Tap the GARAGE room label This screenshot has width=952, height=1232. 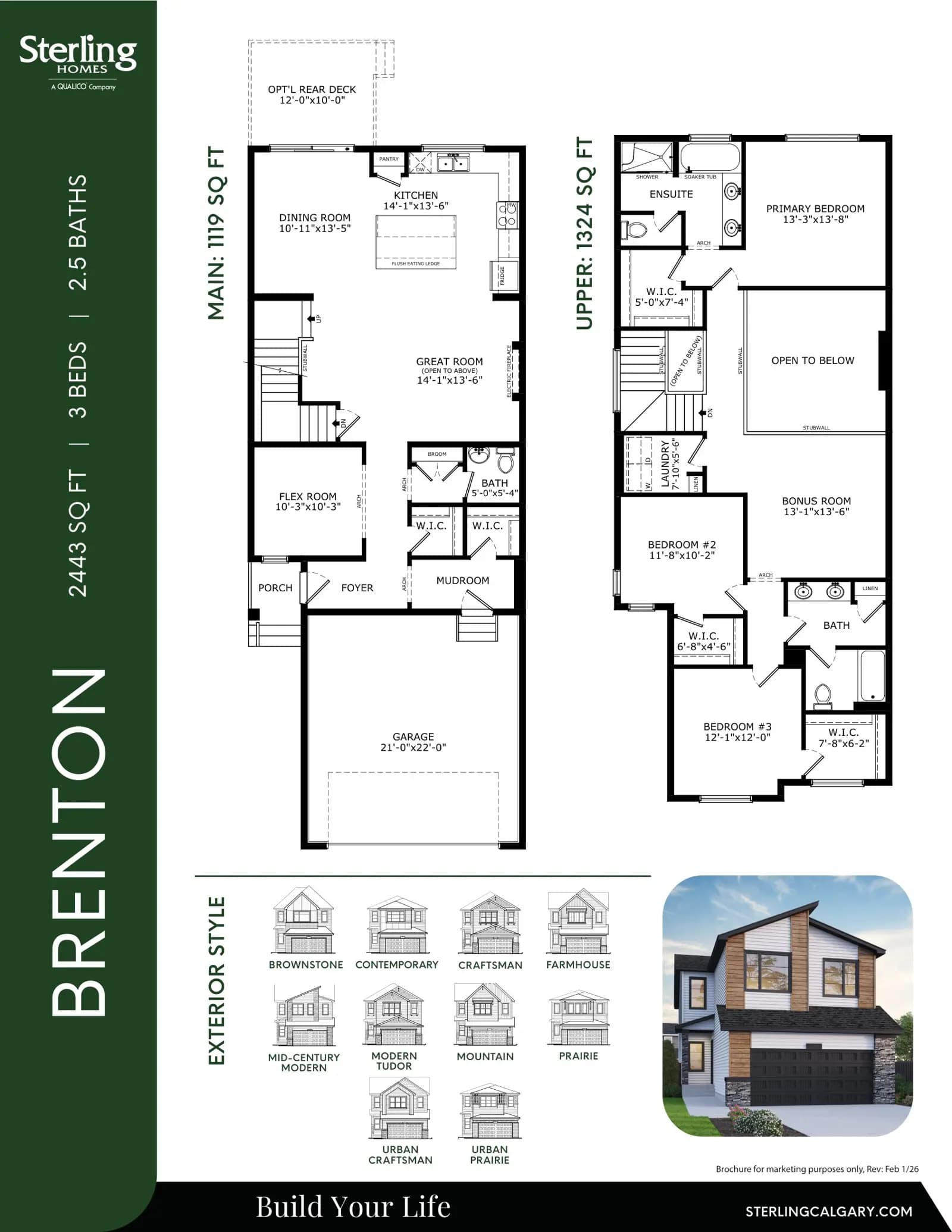(413, 736)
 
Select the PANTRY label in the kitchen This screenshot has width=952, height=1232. (389, 159)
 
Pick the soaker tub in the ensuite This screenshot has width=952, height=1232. (709, 156)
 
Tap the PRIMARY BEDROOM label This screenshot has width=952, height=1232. (815, 209)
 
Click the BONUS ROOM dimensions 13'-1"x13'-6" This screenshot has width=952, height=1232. (816, 512)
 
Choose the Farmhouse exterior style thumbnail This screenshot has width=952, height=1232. (578, 923)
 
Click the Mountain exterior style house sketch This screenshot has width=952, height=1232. (485, 1015)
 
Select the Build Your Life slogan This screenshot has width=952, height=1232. (353, 1206)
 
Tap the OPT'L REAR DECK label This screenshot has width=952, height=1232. (312, 89)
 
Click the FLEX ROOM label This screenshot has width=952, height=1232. (308, 496)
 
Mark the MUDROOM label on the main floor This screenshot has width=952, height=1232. (462, 581)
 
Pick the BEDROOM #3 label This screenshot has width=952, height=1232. (737, 726)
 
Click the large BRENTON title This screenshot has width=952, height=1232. (79, 842)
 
